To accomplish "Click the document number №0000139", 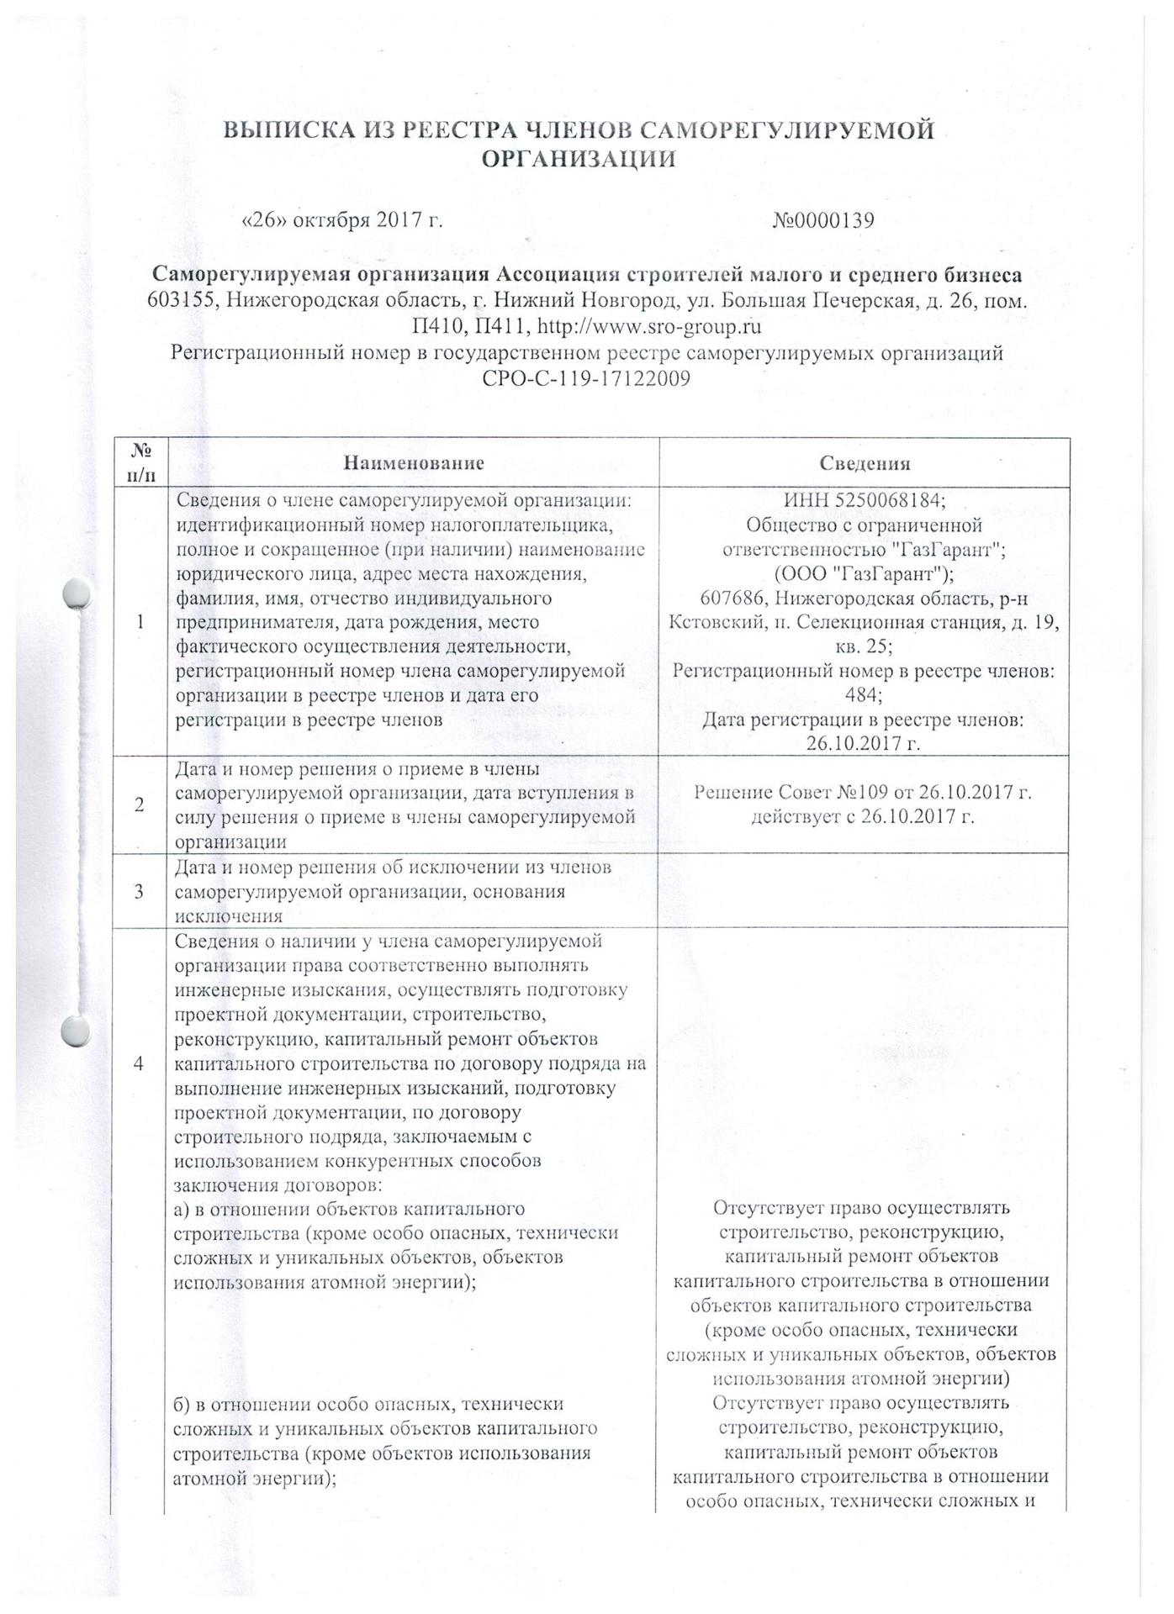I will pyautogui.click(x=823, y=220).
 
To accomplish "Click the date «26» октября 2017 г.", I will pyautogui.click(x=342, y=220).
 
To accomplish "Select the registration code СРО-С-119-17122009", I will pyautogui.click(x=586, y=379).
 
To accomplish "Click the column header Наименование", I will pyautogui.click(x=413, y=463).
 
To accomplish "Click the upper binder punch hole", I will pyautogui.click(x=77, y=593).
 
